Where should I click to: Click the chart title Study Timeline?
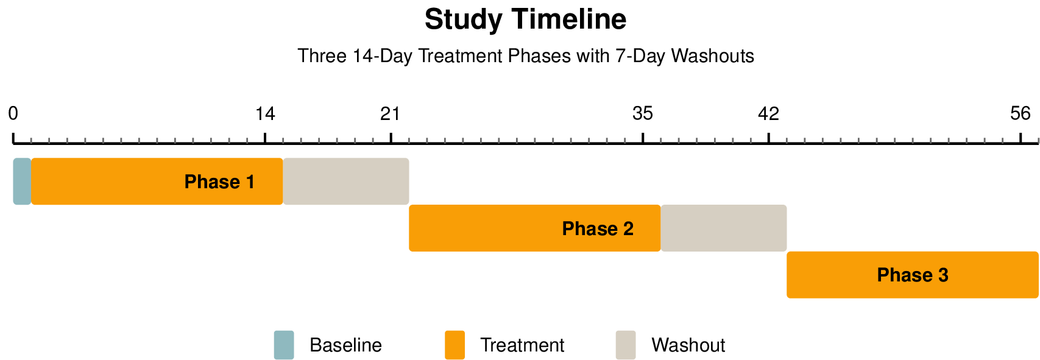coord(525,19)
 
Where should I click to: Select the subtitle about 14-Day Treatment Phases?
coord(525,56)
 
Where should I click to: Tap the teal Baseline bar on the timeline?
coord(22,182)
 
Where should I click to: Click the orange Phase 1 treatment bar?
coord(157,182)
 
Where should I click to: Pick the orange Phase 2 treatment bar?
coord(534,228)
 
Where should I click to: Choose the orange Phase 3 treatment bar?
coord(912,275)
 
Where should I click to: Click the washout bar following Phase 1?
coord(345,182)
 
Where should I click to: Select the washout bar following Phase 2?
coord(723,228)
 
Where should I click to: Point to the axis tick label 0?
coord(13,114)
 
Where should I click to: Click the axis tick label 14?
coord(265,114)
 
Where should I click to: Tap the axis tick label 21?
coord(391,114)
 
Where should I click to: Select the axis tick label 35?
coord(643,114)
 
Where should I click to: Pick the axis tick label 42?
coord(769,114)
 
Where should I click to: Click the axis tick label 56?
coord(1021,114)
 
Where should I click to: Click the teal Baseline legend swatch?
coord(284,345)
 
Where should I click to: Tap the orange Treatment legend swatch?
coord(455,345)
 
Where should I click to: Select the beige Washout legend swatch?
coord(626,345)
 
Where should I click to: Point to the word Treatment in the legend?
coord(522,345)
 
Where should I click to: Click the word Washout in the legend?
coord(688,345)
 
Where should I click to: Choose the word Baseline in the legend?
coord(345,345)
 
